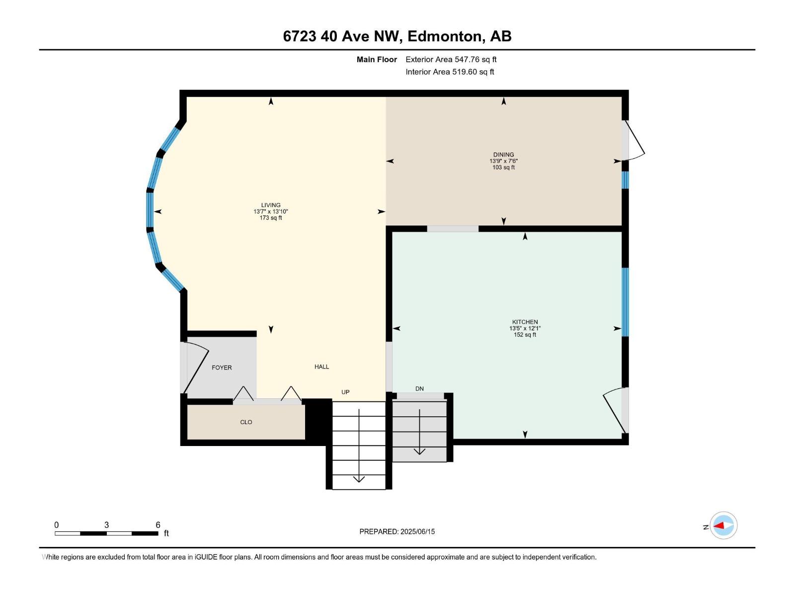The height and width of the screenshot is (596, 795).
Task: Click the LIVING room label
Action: click(271, 205)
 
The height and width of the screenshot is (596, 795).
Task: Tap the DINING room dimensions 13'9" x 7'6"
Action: click(503, 161)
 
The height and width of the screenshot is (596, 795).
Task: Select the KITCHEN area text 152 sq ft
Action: click(525, 335)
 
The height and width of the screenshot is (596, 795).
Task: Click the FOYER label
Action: click(222, 368)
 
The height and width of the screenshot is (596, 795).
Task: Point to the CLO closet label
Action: click(246, 422)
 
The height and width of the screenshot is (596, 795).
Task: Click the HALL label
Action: click(321, 367)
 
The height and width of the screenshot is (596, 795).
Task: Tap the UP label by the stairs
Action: click(345, 392)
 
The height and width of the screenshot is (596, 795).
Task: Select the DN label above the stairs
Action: click(419, 388)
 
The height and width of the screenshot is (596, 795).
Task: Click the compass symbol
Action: click(723, 525)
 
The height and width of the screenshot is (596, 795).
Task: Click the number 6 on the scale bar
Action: click(158, 525)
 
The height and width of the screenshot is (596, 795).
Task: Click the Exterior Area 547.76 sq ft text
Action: click(451, 60)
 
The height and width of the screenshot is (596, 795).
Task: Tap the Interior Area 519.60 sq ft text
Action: click(450, 72)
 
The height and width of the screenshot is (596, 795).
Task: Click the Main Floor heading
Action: click(377, 60)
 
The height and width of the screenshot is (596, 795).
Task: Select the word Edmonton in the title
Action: click(445, 36)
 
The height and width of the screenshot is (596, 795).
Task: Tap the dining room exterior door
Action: click(634, 141)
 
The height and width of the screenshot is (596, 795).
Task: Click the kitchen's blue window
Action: click(625, 302)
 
